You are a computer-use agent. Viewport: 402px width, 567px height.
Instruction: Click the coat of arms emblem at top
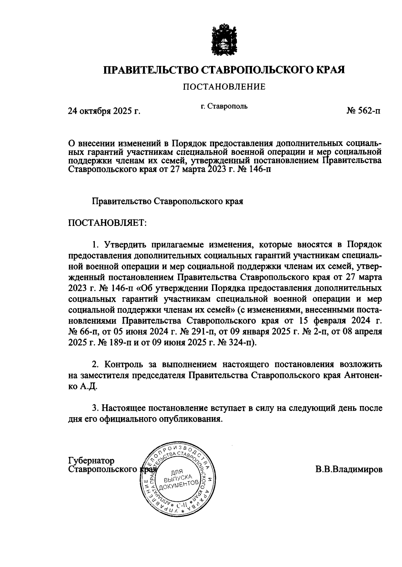click(x=224, y=39)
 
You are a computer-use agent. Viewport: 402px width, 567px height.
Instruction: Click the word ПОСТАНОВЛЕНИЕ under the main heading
click(x=224, y=87)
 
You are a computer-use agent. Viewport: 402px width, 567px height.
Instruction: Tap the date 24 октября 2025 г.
click(x=104, y=111)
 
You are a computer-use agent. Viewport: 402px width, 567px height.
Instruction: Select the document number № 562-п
click(x=363, y=111)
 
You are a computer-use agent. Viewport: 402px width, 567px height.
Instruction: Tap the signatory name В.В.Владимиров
click(x=348, y=469)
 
